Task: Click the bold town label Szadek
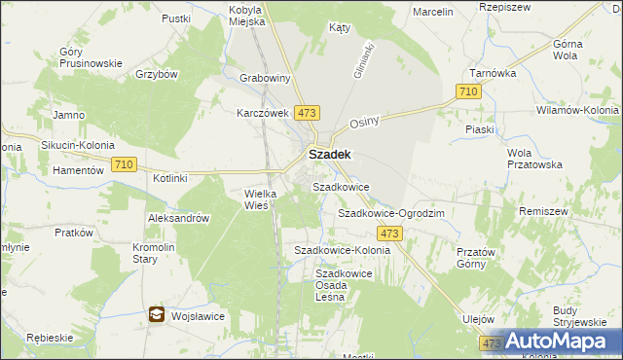click(x=330, y=154)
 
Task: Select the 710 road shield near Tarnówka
click(x=468, y=91)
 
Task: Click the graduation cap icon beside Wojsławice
click(x=157, y=314)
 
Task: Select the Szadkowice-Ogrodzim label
click(x=390, y=213)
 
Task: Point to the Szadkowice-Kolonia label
click(x=342, y=250)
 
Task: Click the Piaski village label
click(x=480, y=129)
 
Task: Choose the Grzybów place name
click(x=156, y=74)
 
